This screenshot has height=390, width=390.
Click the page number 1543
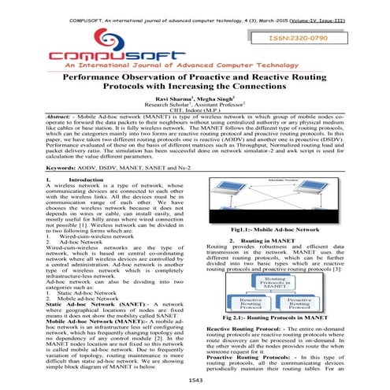[195, 381]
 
